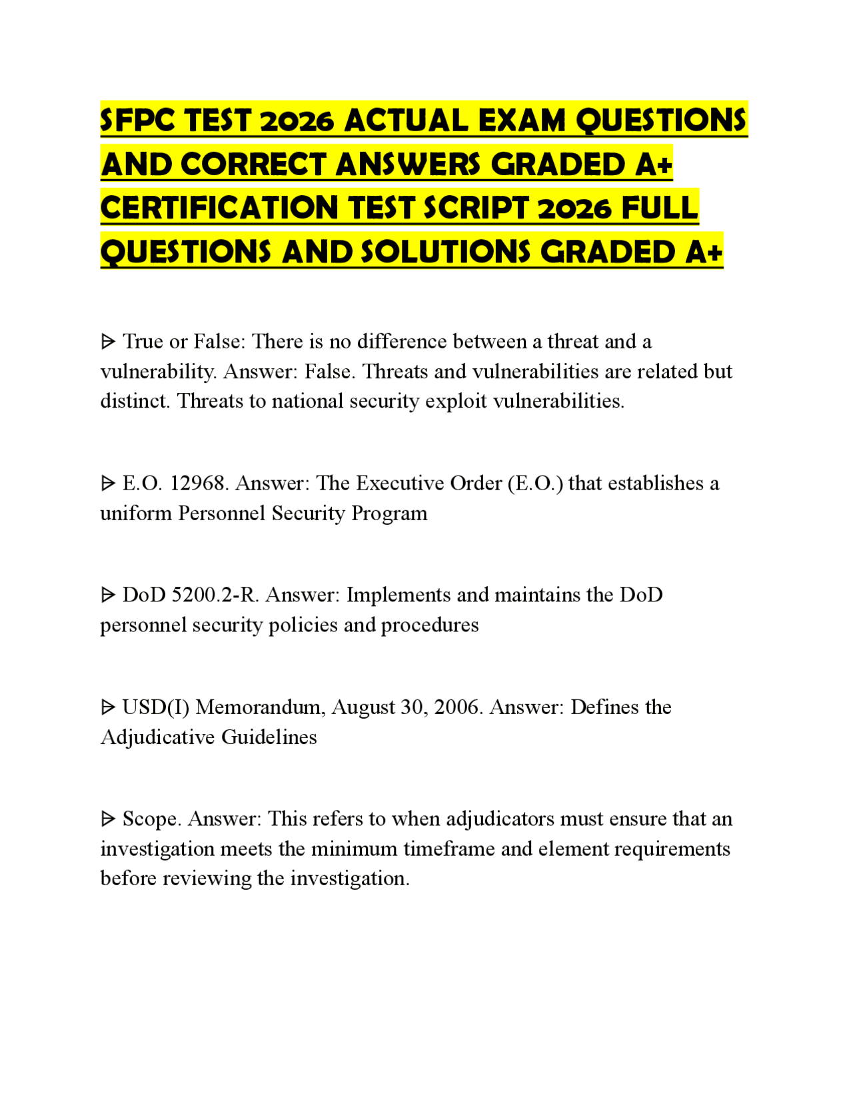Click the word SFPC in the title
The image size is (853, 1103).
(x=138, y=121)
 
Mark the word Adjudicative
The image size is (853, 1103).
(x=157, y=737)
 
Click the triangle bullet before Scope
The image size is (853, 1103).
(x=108, y=819)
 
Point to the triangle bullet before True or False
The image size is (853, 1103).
(x=108, y=342)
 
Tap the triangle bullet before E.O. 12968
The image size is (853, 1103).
(x=108, y=484)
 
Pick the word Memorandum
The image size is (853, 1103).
(x=260, y=707)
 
